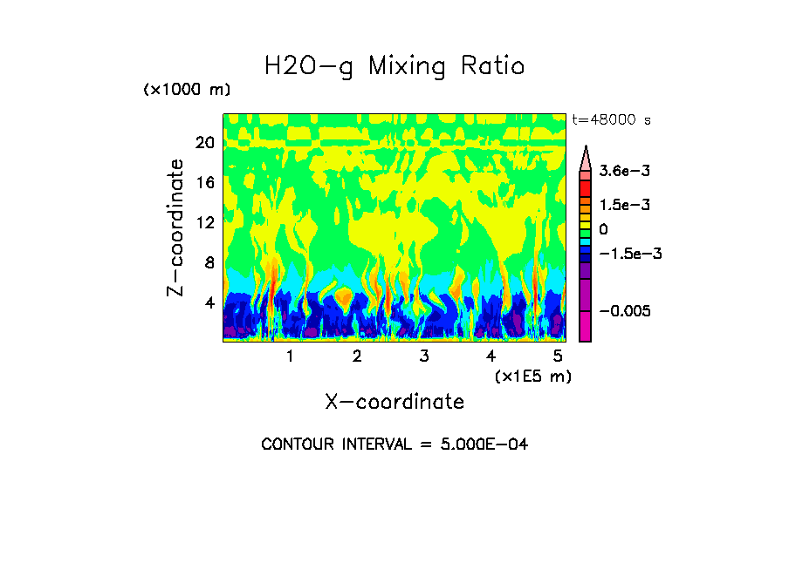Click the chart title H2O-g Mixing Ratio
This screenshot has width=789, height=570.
[x=394, y=66]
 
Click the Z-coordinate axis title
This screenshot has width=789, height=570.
[x=176, y=227]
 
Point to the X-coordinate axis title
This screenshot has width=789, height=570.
[x=394, y=402]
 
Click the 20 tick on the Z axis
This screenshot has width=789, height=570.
[x=205, y=143]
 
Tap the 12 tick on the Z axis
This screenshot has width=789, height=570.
[x=205, y=223]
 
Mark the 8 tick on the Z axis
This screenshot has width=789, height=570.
[x=209, y=263]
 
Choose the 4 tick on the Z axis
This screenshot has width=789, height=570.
[x=209, y=303]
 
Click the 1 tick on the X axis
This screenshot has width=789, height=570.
[x=290, y=356]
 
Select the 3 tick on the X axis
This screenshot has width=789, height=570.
[x=424, y=356]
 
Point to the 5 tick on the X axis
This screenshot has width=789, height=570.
[x=559, y=356]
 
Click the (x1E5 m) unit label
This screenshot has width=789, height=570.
[x=532, y=377]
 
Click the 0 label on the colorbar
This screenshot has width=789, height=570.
[x=603, y=229]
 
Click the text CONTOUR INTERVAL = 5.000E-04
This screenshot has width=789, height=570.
[x=394, y=444]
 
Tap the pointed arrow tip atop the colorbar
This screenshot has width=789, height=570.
[x=586, y=149]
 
